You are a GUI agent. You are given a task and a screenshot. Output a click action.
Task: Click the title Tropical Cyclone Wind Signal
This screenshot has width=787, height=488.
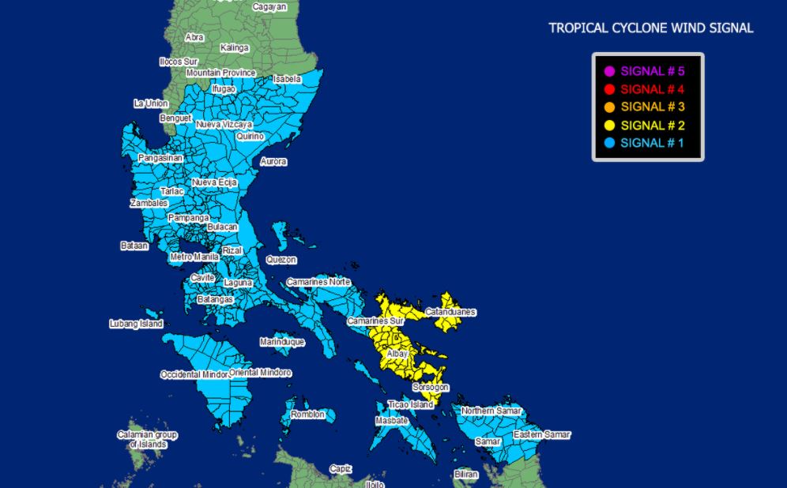651,28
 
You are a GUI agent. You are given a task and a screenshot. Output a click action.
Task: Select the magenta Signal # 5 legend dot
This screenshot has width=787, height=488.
609,71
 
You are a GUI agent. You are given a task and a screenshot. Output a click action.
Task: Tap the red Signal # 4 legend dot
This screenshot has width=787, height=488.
609,89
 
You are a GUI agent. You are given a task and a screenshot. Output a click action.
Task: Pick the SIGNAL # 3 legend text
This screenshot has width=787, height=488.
653,107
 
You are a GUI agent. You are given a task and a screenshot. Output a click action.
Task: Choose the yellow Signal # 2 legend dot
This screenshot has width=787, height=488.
609,126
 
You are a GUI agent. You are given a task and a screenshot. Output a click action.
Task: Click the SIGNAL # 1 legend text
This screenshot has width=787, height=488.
653,143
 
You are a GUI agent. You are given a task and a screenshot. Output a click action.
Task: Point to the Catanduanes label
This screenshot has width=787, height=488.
450,312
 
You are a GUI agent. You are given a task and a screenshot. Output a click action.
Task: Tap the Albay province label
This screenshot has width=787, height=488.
397,354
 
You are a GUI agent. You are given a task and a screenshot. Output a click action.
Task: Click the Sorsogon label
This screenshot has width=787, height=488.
431,387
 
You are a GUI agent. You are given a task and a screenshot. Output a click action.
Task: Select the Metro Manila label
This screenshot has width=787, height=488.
194,257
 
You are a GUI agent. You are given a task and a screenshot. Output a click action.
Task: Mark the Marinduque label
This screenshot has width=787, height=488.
282,342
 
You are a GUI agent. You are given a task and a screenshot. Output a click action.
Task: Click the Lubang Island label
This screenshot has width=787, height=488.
136,324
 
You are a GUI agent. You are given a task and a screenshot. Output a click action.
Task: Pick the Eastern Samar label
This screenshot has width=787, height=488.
541,435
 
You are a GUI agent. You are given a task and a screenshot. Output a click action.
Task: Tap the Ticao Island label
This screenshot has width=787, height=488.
411,404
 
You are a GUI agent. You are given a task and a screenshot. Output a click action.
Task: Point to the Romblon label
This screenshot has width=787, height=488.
307,415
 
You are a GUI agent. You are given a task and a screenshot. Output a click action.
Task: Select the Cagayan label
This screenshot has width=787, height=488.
269,7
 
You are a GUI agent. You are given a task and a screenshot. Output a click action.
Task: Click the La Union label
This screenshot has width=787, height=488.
150,103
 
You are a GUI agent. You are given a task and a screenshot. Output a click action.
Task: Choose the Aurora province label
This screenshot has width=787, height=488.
273,162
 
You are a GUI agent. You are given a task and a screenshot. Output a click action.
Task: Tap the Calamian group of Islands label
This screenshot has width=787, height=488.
148,440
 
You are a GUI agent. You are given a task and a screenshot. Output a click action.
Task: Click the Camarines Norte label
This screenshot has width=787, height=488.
318,282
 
